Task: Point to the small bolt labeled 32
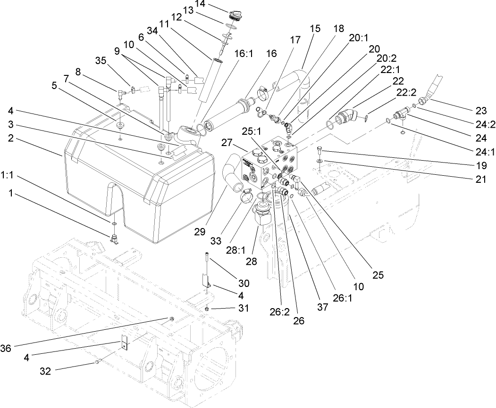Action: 98,361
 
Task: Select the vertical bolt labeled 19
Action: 319,152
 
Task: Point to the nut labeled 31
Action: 207,309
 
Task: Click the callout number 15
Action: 315,28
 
